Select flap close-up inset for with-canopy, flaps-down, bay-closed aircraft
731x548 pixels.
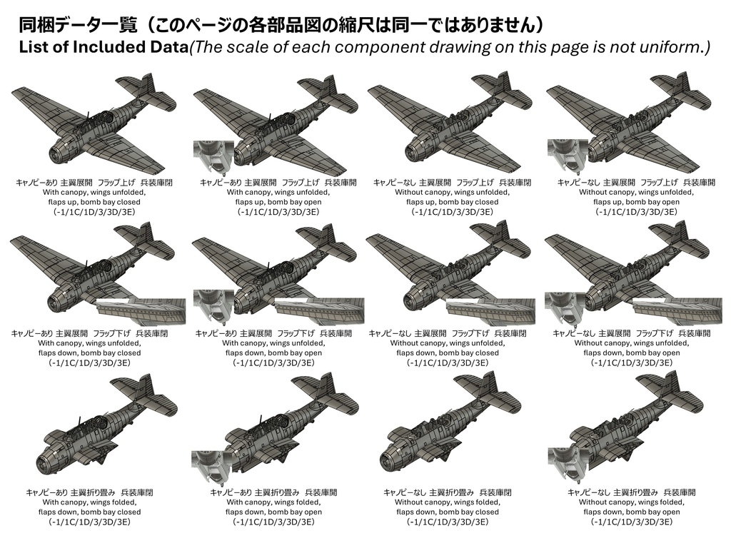141,310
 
